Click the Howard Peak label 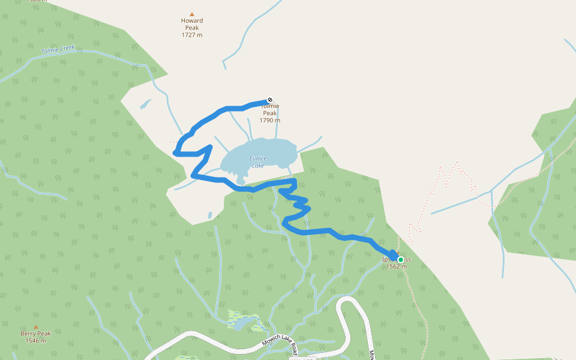(x=192, y=24)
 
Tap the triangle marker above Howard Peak (x=192, y=14)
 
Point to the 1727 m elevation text (x=192, y=35)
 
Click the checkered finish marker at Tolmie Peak (x=271, y=100)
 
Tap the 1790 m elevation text (x=270, y=120)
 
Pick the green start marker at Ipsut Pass (x=400, y=259)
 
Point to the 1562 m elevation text (x=397, y=266)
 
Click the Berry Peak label (x=36, y=334)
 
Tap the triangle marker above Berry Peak (x=36, y=326)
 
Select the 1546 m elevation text (x=36, y=341)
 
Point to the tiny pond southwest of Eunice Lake (x=209, y=214)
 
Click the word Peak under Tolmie (x=270, y=113)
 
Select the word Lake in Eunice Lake (x=258, y=166)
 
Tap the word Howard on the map (x=192, y=20)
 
